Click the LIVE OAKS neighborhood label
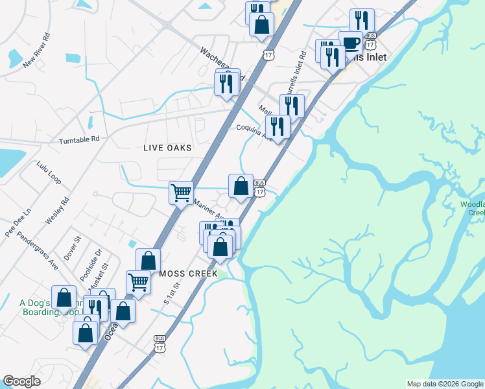pos(167,148)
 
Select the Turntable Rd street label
pos(79,139)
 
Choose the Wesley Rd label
pos(56,211)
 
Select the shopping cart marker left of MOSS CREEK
pos(138,281)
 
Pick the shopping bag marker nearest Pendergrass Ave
pos(64,298)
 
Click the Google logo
pos(22,381)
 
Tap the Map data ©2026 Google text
pos(445,384)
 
